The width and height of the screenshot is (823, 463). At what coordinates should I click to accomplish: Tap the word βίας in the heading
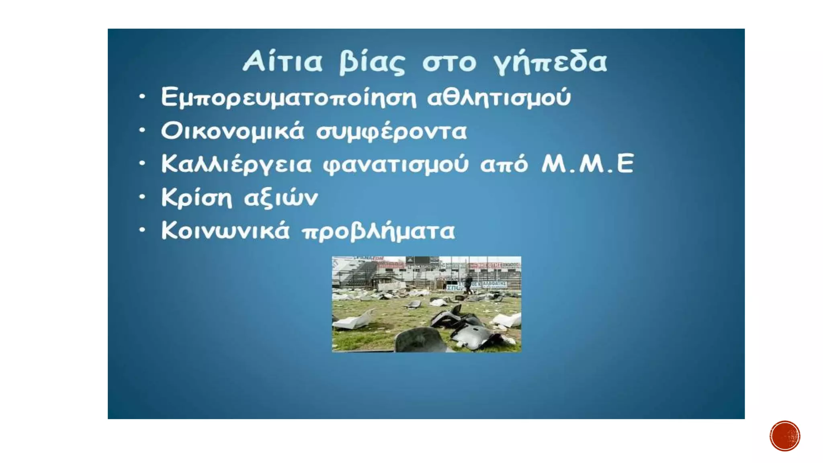coord(372,63)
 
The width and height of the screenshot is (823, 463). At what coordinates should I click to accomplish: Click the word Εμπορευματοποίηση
coord(289,98)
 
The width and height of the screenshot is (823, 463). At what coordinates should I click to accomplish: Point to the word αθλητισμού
coord(499,98)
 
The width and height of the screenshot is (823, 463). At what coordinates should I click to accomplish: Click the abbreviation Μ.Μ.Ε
coord(588,164)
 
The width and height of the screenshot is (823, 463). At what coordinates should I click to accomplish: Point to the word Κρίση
coord(197,198)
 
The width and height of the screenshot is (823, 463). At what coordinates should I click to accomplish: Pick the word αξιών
coord(281,198)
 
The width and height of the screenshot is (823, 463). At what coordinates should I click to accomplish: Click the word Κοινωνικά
coord(225,231)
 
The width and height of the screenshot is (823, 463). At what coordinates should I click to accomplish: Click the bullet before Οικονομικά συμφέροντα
coord(142,130)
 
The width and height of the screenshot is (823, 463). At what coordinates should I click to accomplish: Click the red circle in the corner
coord(785,436)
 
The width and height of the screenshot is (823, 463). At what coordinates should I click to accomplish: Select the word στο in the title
coord(449,63)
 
